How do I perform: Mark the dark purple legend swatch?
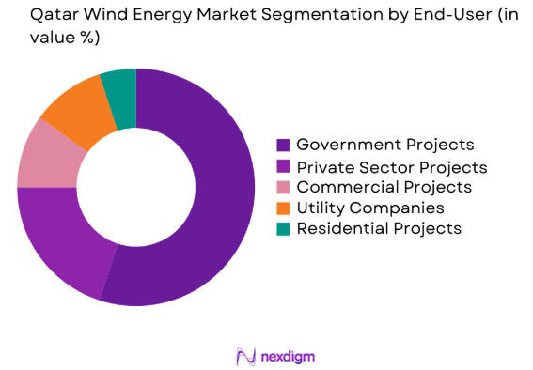point(281,146)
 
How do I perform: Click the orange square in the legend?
point(281,208)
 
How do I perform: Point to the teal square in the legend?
point(281,228)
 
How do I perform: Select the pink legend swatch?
point(281,187)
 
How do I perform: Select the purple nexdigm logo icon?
point(245,357)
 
